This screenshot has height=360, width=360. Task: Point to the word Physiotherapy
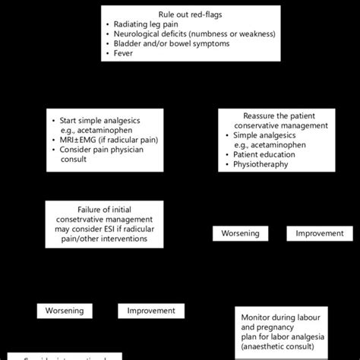tap(261, 165)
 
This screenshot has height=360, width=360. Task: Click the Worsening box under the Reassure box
tap(240, 233)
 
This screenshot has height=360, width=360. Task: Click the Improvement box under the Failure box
tap(150, 311)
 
